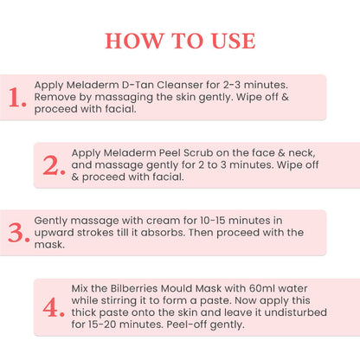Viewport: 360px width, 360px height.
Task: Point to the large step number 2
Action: click(54, 165)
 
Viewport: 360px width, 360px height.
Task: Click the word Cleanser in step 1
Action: click(165, 86)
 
